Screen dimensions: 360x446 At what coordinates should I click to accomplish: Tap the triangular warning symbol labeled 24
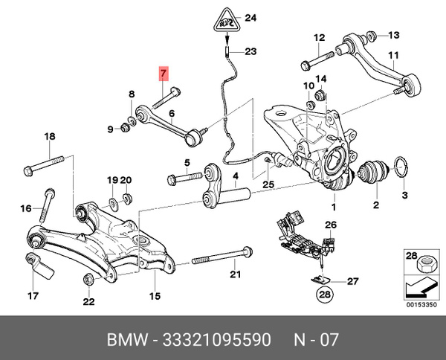227,20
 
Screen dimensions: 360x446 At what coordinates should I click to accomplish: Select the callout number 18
50,136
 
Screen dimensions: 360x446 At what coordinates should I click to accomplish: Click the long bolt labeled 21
216,261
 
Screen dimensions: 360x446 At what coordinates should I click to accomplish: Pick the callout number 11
394,55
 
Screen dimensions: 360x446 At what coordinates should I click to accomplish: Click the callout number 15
155,296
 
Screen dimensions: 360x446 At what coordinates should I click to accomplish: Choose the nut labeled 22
88,280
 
